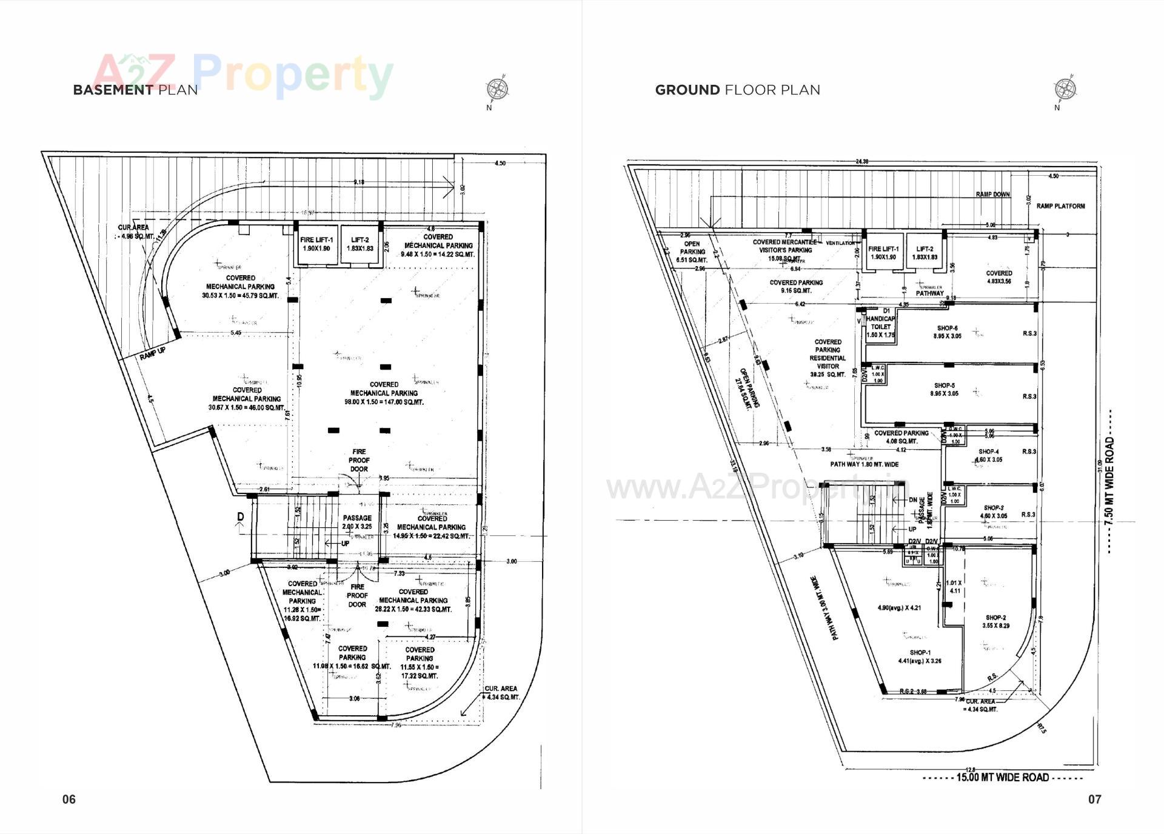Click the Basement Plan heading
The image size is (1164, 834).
[135, 90]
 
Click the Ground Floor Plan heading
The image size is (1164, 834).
[737, 90]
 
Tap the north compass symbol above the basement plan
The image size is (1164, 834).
[497, 90]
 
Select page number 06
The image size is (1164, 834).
[69, 799]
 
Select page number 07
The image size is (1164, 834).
[1094, 799]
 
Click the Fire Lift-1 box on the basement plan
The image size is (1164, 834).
[316, 245]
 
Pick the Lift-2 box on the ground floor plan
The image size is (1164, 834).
[925, 252]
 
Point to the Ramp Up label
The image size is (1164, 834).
[152, 353]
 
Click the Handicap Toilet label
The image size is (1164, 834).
[880, 327]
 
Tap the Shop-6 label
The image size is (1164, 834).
[947, 332]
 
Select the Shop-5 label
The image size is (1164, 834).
[945, 389]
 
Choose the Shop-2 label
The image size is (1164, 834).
[995, 621]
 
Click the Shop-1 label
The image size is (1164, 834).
[920, 656]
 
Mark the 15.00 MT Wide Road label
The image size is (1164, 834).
[1002, 777]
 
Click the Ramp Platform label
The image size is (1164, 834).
[1060, 206]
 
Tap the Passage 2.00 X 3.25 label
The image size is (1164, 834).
[357, 522]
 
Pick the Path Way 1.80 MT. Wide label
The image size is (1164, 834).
[864, 464]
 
